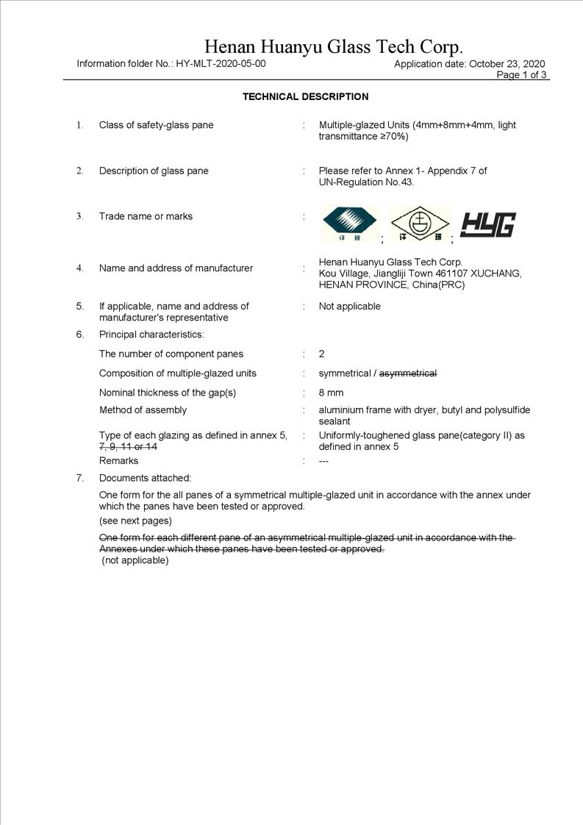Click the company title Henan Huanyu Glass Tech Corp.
point(333,48)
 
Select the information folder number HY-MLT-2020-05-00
point(221,64)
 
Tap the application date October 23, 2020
point(507,64)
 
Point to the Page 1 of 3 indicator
point(522,75)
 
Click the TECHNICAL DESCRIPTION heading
point(305,97)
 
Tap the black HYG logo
point(487,224)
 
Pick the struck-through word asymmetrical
point(407,374)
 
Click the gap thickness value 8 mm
point(331,393)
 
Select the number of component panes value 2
point(321,354)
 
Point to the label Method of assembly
point(143,410)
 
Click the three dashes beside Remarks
point(323,461)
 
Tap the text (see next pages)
point(135,521)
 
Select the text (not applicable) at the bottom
point(135,560)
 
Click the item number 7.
point(80,478)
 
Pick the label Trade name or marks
point(146,216)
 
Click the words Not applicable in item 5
point(349,306)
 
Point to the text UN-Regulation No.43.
point(366,182)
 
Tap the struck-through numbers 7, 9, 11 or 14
point(128,447)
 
